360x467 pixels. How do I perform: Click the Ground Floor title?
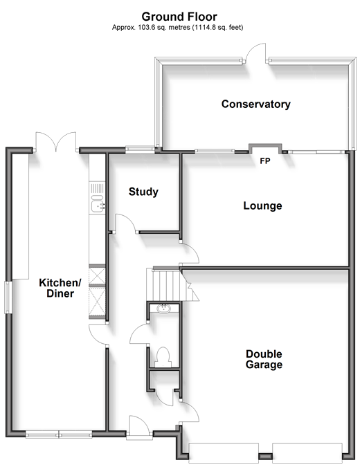tap(179, 17)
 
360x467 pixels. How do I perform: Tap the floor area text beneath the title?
tap(178, 28)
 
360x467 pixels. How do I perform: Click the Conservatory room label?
tap(255, 104)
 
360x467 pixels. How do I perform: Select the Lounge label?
tap(262, 205)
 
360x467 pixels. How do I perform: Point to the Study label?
tap(143, 192)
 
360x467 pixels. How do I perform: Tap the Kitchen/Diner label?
tap(60, 288)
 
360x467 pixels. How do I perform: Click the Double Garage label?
tap(264, 359)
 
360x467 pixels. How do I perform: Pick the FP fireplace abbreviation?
tap(265, 161)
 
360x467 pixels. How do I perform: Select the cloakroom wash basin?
tap(164, 309)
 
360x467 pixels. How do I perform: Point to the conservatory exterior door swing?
tap(255, 53)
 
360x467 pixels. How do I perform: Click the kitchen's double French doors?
tap(56, 142)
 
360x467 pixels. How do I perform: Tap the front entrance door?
tap(139, 427)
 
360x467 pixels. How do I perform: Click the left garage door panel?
tap(224, 452)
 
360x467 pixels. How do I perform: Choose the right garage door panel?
tap(307, 452)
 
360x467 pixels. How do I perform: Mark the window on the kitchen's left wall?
tap(8, 297)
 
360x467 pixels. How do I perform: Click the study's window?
tap(140, 149)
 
